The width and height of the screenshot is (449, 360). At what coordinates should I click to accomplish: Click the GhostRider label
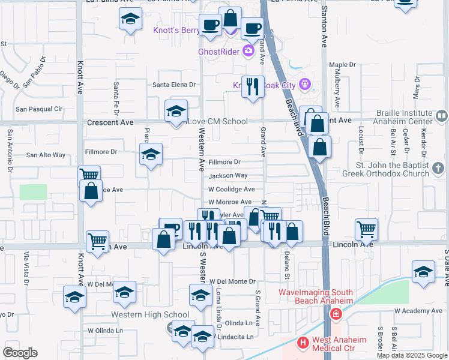coord(219,52)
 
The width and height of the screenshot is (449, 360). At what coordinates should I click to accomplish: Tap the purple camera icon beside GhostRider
coord(249,51)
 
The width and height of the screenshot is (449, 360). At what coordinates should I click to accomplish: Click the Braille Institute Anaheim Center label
coord(404,117)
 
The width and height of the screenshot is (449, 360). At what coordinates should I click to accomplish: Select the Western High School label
coord(150,314)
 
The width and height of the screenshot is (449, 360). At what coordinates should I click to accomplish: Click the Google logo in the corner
coord(20,353)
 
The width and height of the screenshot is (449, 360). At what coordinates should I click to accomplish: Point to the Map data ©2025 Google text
coord(412,355)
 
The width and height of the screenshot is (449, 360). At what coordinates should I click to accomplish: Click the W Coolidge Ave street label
coord(232,189)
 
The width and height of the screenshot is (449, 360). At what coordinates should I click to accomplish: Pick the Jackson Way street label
coord(228,176)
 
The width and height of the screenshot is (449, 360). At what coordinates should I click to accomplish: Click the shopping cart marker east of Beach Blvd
coord(366,229)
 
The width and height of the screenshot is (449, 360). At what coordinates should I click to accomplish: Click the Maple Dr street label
coord(342,64)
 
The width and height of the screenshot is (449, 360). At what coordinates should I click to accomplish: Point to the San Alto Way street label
coord(46,155)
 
